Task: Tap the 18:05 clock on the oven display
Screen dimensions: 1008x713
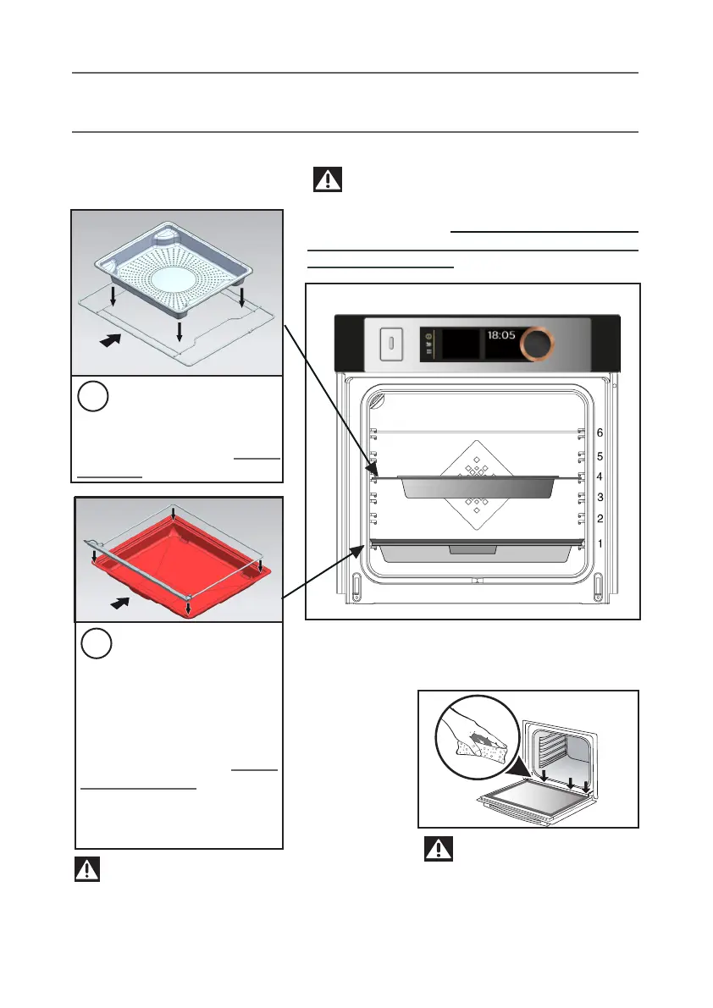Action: point(501,335)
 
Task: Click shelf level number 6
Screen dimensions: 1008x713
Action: point(600,432)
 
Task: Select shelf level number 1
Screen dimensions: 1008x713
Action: point(600,543)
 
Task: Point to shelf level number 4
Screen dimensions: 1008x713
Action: point(600,477)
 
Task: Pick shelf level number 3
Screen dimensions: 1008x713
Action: point(600,498)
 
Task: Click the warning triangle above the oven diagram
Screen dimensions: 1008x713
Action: point(327,179)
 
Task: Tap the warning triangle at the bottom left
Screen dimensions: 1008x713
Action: point(88,869)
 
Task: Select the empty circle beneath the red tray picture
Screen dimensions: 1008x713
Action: point(97,646)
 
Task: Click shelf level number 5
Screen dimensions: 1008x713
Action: point(600,456)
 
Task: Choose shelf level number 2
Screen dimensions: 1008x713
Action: point(600,519)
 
